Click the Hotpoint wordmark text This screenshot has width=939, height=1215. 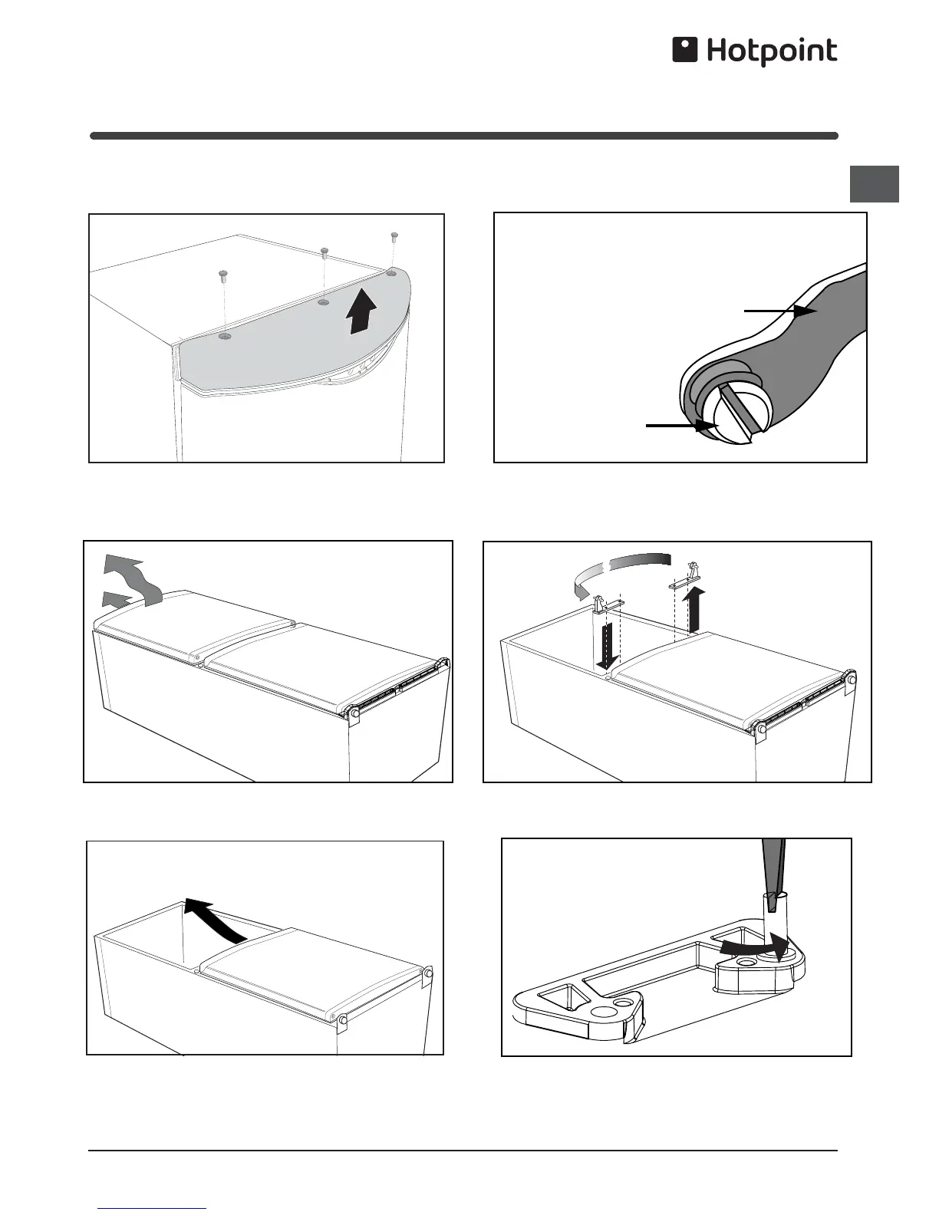(773, 51)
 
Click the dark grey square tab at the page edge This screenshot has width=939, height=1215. (874, 184)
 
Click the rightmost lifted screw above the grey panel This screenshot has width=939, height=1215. (394, 236)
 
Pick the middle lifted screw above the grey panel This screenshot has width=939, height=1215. (325, 252)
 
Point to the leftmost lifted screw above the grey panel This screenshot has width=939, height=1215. (223, 275)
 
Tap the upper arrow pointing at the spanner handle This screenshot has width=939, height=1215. (781, 311)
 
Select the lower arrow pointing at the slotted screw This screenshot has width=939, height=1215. (682, 426)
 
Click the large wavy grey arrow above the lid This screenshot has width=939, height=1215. (131, 578)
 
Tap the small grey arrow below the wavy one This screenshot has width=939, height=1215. (117, 600)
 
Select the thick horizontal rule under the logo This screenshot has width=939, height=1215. (464, 136)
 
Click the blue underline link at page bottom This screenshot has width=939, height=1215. (152, 1209)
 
